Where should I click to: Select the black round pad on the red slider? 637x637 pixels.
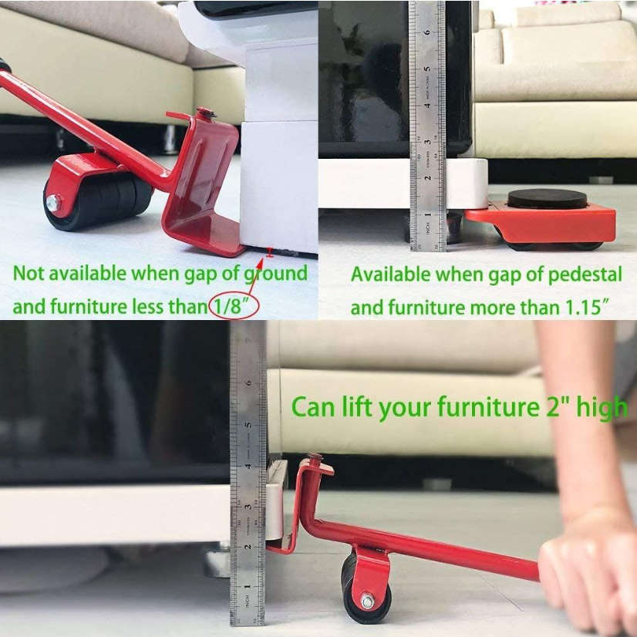pyautogui.click(x=547, y=199)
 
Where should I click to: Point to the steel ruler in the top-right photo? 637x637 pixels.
pyautogui.click(x=428, y=123)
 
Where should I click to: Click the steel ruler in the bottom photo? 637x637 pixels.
pyautogui.click(x=248, y=470)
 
